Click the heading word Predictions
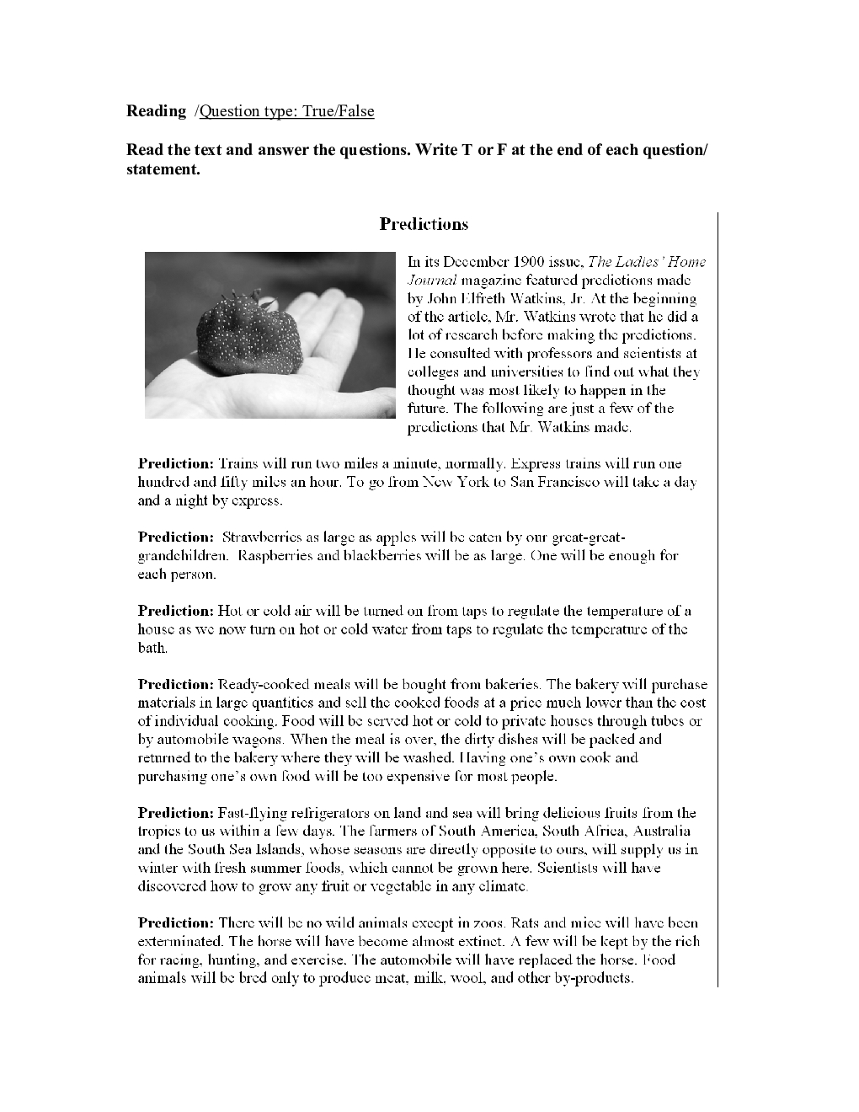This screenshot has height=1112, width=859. point(424,224)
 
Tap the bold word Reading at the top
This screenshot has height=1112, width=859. point(156,111)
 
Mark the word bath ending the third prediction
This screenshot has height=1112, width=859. point(152,649)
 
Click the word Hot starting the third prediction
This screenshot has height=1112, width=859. point(230,612)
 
